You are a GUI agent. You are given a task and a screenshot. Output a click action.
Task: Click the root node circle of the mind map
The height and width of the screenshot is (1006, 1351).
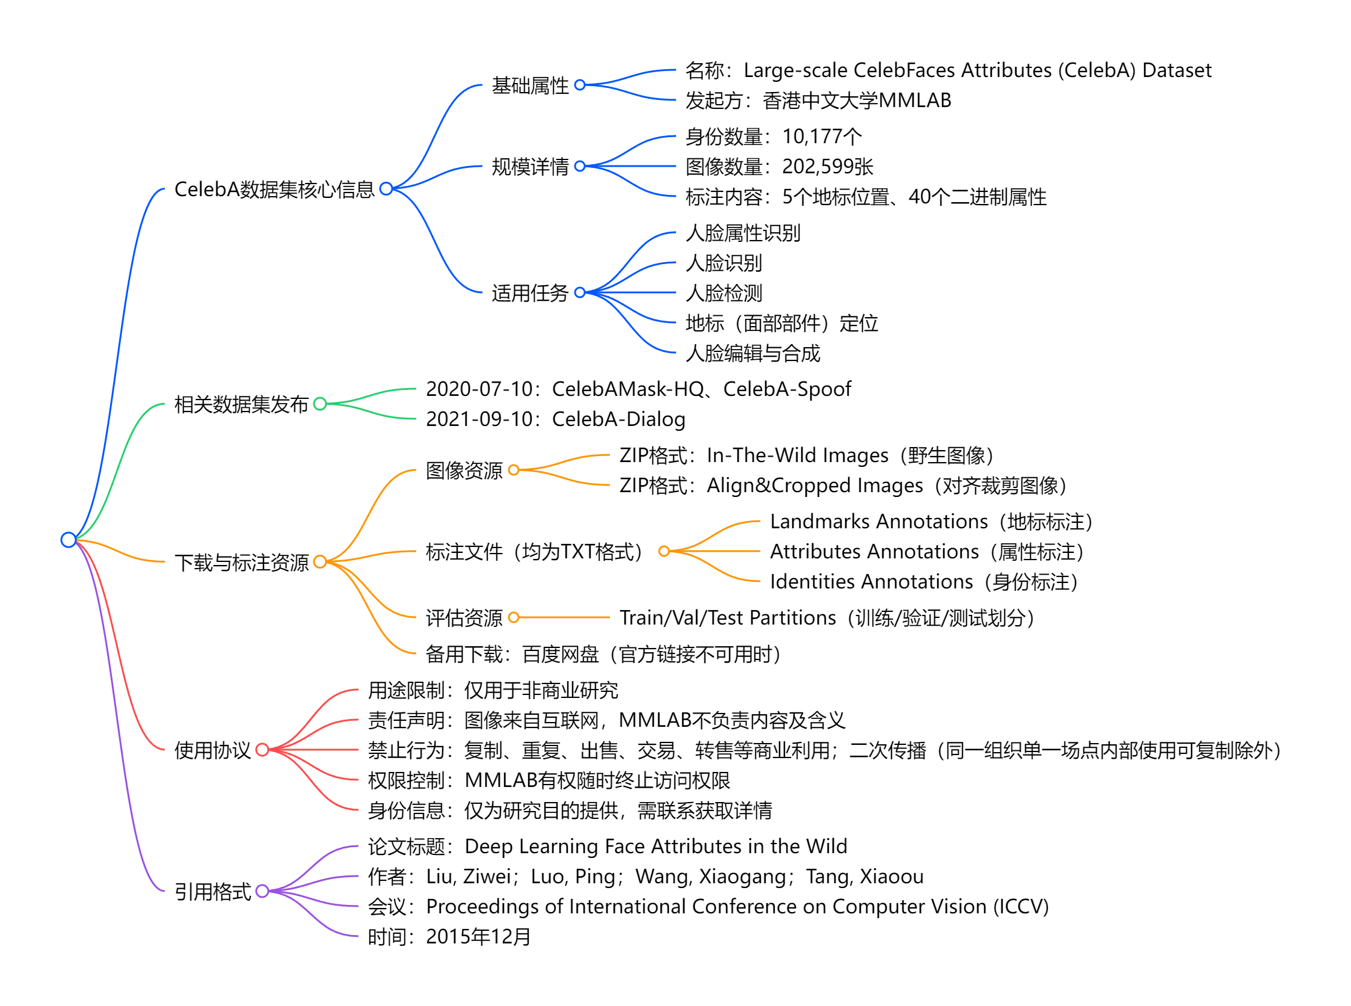coord(68,540)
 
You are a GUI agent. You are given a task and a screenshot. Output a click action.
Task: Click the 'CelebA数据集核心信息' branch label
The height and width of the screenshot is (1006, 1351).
coord(274,190)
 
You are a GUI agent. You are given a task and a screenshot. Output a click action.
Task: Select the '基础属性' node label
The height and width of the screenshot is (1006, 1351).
coord(530,85)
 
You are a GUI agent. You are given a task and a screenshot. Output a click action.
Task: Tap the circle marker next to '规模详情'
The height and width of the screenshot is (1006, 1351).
coord(580,166)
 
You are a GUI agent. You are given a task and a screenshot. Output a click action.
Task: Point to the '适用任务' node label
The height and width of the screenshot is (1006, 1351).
coord(530,293)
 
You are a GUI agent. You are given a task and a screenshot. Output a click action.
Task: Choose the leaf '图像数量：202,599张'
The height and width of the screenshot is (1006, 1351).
coord(779,166)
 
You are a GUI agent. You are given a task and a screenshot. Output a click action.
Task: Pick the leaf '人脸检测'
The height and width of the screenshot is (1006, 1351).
coord(723,293)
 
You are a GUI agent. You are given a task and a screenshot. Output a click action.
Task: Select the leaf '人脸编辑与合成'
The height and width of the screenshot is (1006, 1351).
coord(752,353)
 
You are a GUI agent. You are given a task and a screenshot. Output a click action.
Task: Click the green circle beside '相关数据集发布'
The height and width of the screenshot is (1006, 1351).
coord(320,404)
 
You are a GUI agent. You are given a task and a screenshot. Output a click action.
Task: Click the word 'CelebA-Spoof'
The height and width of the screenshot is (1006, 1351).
coord(787,389)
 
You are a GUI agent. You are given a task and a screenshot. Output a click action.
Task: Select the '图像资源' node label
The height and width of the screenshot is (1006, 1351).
coord(464,470)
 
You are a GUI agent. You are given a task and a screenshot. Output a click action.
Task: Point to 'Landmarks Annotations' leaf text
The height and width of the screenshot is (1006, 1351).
coord(879,521)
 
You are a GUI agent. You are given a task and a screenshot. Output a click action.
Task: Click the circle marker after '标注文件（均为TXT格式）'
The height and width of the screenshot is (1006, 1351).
coord(664,551)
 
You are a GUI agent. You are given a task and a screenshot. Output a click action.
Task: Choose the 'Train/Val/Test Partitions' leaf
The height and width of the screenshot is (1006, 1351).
coord(728,617)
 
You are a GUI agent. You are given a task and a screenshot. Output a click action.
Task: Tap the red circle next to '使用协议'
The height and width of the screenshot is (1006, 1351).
coord(262,750)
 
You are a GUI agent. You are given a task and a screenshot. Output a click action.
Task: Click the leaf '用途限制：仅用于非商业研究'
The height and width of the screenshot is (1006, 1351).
coord(493,690)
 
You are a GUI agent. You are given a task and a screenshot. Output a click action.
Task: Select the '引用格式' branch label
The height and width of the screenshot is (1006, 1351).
coord(212,892)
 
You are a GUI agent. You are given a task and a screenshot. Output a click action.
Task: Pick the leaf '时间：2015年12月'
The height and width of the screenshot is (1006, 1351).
coord(449,937)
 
